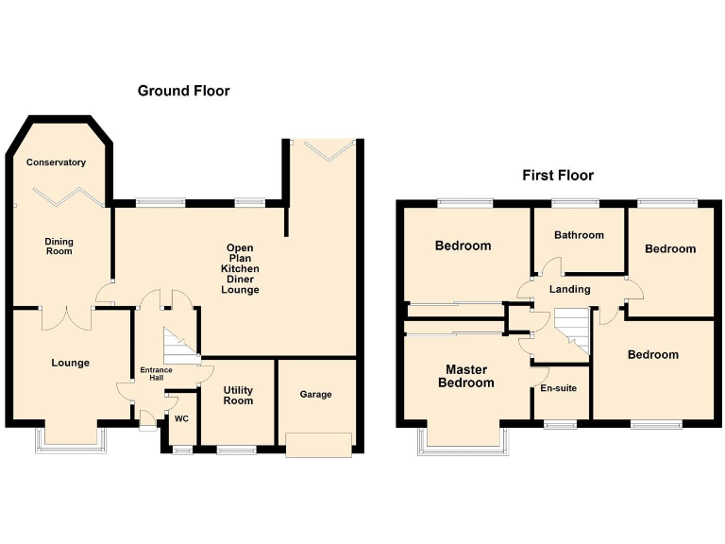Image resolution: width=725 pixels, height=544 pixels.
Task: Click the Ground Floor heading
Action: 183,91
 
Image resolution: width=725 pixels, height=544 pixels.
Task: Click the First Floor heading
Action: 558,176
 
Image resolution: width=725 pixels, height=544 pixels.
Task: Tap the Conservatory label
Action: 56,162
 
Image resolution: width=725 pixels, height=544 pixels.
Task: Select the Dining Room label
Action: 59,246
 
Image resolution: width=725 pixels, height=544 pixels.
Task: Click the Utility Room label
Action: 238,395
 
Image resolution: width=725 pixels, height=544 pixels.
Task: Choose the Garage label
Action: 315,394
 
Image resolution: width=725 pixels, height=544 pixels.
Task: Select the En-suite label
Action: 558,388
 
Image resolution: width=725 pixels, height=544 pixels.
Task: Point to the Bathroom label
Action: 579,235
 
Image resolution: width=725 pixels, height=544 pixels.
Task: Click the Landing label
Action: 569,289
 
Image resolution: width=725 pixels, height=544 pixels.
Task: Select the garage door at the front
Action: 319,445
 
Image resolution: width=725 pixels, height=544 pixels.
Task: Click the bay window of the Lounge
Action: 71,439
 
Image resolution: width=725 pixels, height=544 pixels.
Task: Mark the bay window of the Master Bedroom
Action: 463,440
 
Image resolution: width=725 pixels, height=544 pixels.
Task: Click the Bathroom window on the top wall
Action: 575,202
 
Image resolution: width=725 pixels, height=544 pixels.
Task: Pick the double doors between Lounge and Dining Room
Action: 66,315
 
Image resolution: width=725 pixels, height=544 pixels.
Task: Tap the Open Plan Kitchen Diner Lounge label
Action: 240,269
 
